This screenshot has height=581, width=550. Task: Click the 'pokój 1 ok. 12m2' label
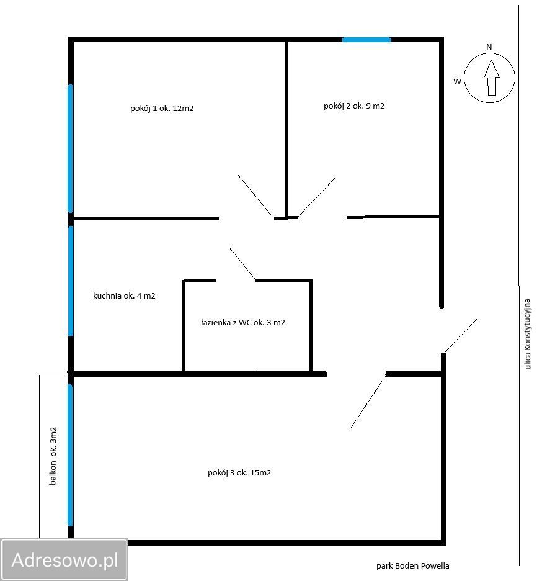(162, 108)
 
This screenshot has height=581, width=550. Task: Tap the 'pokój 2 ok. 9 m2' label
(354, 106)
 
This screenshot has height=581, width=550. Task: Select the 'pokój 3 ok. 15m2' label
(239, 473)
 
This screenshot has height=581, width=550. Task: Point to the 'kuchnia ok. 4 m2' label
(124, 295)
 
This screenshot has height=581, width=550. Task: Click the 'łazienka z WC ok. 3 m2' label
(243, 322)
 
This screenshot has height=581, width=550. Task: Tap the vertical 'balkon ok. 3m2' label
(53, 456)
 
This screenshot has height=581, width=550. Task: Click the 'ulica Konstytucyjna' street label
(528, 334)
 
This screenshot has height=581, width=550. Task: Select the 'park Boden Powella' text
(413, 566)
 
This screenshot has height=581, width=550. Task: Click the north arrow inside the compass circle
(492, 78)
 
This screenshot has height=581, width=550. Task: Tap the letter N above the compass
(489, 47)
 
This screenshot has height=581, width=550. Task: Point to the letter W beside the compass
(458, 81)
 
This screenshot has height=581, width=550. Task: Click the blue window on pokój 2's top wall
(366, 40)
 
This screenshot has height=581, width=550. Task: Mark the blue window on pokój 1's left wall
(70, 148)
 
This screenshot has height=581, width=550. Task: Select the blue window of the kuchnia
(70, 281)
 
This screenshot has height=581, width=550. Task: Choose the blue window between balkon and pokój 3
(70, 455)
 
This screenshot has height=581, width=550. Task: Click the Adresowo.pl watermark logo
(64, 559)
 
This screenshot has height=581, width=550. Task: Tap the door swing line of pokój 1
(256, 197)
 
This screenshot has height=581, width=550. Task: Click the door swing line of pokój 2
(316, 197)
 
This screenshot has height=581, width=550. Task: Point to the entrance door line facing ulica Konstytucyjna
(461, 335)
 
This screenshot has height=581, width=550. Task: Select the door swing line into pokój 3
(369, 401)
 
